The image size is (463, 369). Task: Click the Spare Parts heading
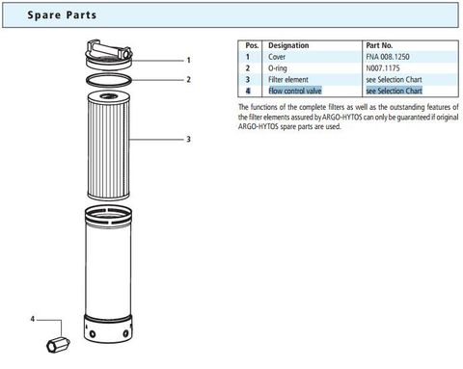[x=60, y=16]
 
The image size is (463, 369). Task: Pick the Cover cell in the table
[x=279, y=57]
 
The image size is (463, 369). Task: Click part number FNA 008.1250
[x=394, y=57]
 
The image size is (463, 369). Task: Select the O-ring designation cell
[x=281, y=67]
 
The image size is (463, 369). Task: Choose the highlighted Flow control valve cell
[x=297, y=90]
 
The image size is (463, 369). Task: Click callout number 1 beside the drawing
[x=188, y=60]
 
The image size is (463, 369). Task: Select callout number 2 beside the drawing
[x=188, y=80]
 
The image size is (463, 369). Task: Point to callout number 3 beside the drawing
[x=188, y=140]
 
